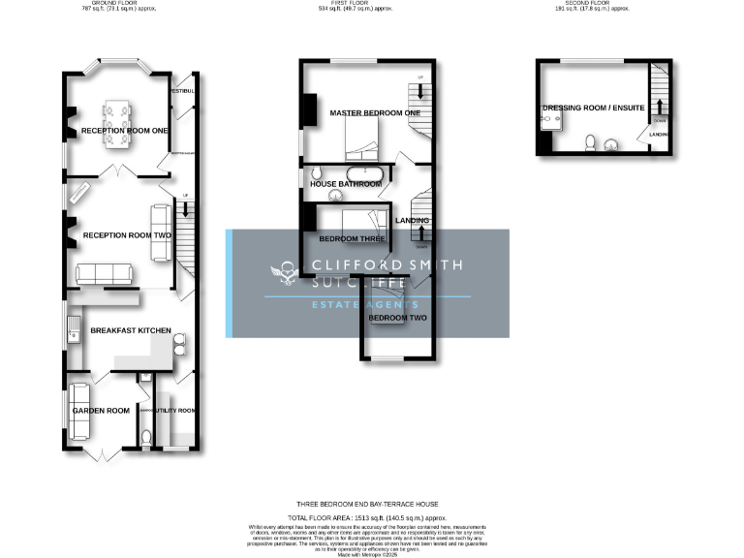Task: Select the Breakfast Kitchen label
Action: [131, 330]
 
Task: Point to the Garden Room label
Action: [101, 411]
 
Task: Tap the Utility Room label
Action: [175, 411]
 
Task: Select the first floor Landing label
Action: [412, 221]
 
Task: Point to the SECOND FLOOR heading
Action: [590, 3]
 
